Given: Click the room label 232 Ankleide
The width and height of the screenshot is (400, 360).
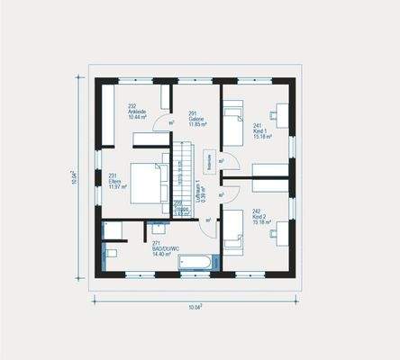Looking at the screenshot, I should pyautogui.click(x=138, y=112).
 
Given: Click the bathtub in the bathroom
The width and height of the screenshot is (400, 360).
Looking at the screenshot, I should pyautogui.click(x=196, y=262).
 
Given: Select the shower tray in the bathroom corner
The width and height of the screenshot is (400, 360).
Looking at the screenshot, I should pyautogui.click(x=113, y=230).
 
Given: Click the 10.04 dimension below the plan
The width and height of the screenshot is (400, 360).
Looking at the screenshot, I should pyautogui.click(x=195, y=307).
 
